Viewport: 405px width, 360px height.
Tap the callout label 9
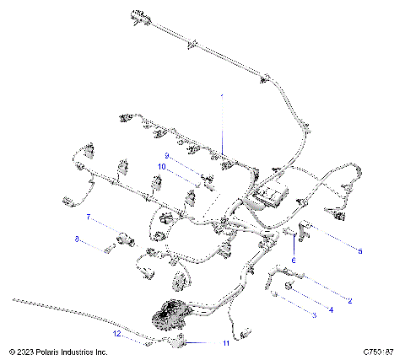coord(167,156)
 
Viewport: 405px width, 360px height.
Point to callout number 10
coord(160,167)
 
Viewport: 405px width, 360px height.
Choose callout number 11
coord(224,343)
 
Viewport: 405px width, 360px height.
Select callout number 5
coord(359,250)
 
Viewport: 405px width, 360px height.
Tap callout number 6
coord(294,261)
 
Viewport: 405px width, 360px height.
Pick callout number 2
coord(349,299)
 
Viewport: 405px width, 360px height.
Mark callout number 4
coord(331,309)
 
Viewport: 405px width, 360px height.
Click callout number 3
coord(314,314)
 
